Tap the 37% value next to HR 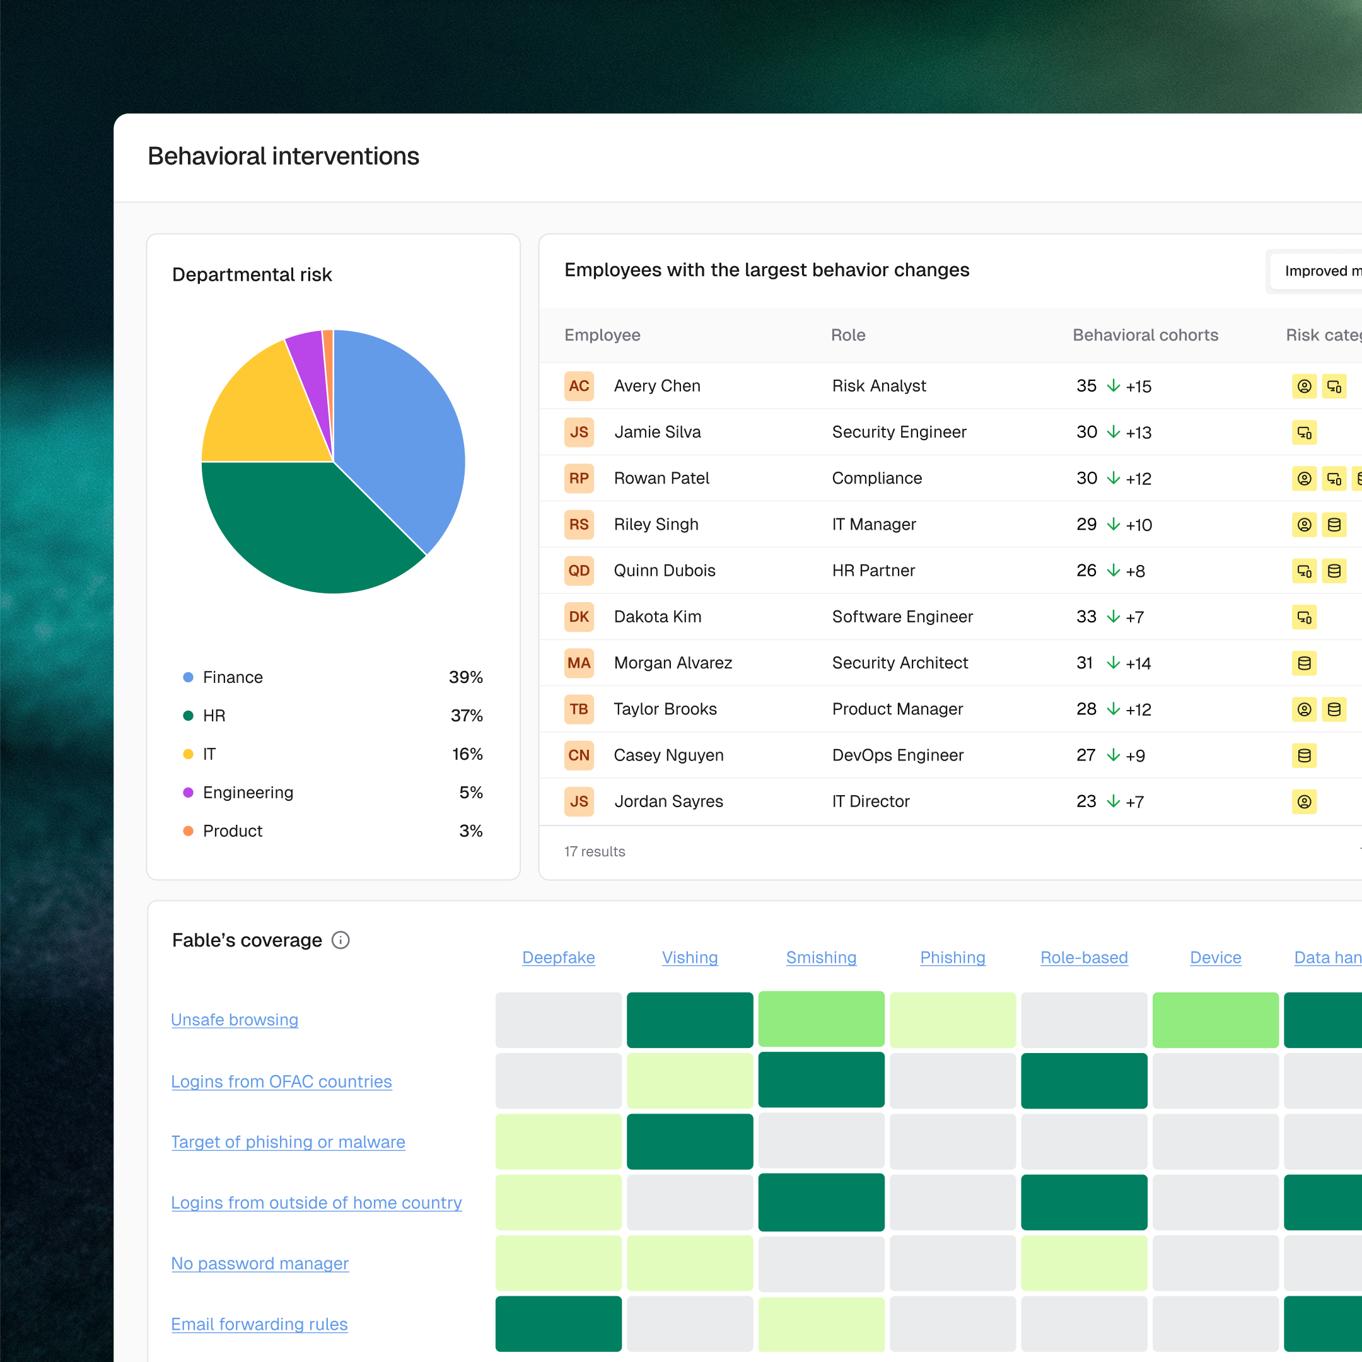click(x=467, y=716)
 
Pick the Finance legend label click(x=233, y=677)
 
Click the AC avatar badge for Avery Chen click(x=579, y=387)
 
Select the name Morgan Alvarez click(x=673, y=663)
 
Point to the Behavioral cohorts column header click(x=1145, y=335)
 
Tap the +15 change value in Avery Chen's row click(x=1139, y=387)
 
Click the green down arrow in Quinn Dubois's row click(x=1113, y=570)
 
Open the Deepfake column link click(x=558, y=957)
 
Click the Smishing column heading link click(x=821, y=957)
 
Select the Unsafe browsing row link click(x=235, y=1020)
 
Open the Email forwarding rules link click(x=259, y=1325)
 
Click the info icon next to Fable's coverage click(x=340, y=940)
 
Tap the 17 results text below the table click(x=594, y=852)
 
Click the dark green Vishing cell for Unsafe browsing click(x=689, y=1020)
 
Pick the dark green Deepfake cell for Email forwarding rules click(x=558, y=1324)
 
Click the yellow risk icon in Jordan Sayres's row click(x=1304, y=801)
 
